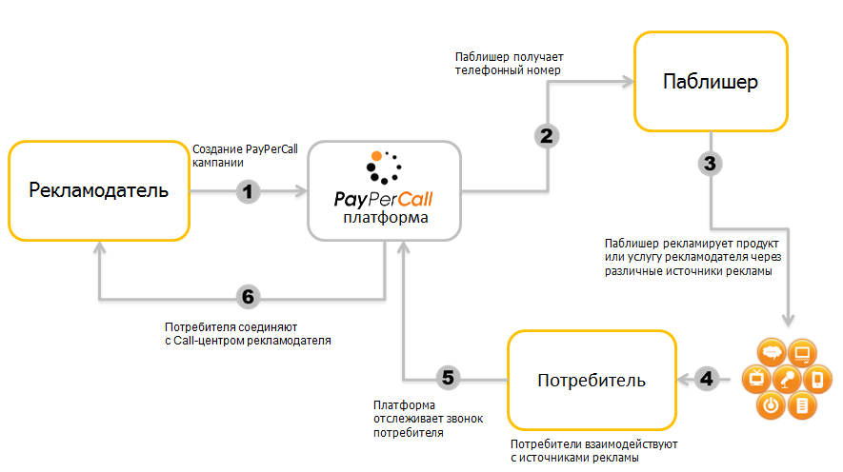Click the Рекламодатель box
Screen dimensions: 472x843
pyautogui.click(x=99, y=190)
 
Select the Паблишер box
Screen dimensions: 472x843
pyautogui.click(x=711, y=82)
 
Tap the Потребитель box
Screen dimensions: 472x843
pyautogui.click(x=592, y=381)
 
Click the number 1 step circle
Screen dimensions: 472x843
pyautogui.click(x=248, y=190)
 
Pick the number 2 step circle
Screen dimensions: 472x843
pyautogui.click(x=546, y=136)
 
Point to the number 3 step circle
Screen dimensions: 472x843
pyautogui.click(x=710, y=163)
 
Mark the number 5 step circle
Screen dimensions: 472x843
pyautogui.click(x=449, y=378)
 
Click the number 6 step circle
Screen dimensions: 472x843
pyautogui.click(x=248, y=296)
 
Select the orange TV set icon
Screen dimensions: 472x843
pyautogui.click(x=758, y=378)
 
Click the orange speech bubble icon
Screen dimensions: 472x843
pyautogui.click(x=773, y=351)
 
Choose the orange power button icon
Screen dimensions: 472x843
pyautogui.click(x=773, y=404)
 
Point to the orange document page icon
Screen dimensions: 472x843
pyautogui.click(x=803, y=405)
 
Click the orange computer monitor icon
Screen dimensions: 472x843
pyautogui.click(x=803, y=351)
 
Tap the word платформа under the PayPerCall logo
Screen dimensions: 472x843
pyautogui.click(x=385, y=218)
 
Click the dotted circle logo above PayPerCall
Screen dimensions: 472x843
pyautogui.click(x=384, y=168)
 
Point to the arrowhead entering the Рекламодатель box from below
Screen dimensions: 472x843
pyautogui.click(x=99, y=245)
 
